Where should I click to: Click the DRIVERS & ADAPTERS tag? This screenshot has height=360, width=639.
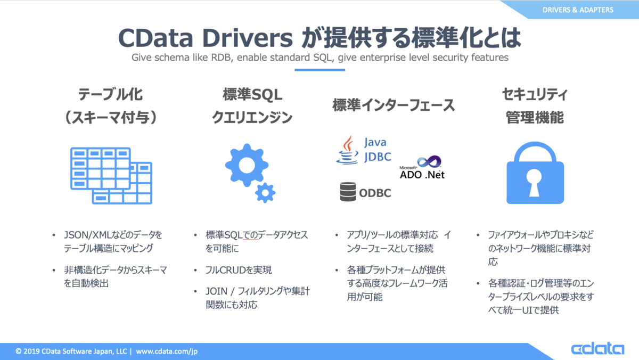tap(578, 10)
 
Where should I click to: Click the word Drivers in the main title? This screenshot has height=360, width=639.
tap(247, 38)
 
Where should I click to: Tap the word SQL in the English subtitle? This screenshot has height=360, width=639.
tap(322, 58)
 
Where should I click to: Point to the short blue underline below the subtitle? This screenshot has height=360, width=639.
tap(320, 70)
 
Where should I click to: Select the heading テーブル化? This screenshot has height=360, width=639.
tap(110, 94)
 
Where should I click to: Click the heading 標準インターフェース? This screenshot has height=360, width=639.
tap(394, 105)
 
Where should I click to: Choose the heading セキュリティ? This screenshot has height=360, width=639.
tap(535, 94)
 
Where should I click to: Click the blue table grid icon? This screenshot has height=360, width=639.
tap(111, 175)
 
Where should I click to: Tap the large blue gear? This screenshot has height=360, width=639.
tap(247, 166)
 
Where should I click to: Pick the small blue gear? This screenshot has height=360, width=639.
tap(265, 193)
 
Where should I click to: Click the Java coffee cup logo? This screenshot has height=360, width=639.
tap(347, 150)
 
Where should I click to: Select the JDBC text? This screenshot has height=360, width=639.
tap(378, 157)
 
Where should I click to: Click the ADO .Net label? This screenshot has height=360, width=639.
tap(422, 175)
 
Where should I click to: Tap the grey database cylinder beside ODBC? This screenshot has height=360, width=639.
tap(348, 192)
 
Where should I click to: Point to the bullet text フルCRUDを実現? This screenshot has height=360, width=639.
tap(239, 270)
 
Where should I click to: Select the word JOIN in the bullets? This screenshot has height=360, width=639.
tap(216, 291)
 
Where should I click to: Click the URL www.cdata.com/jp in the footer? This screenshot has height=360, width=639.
tap(167, 351)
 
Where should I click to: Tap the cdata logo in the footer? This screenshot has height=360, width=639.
tap(597, 349)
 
